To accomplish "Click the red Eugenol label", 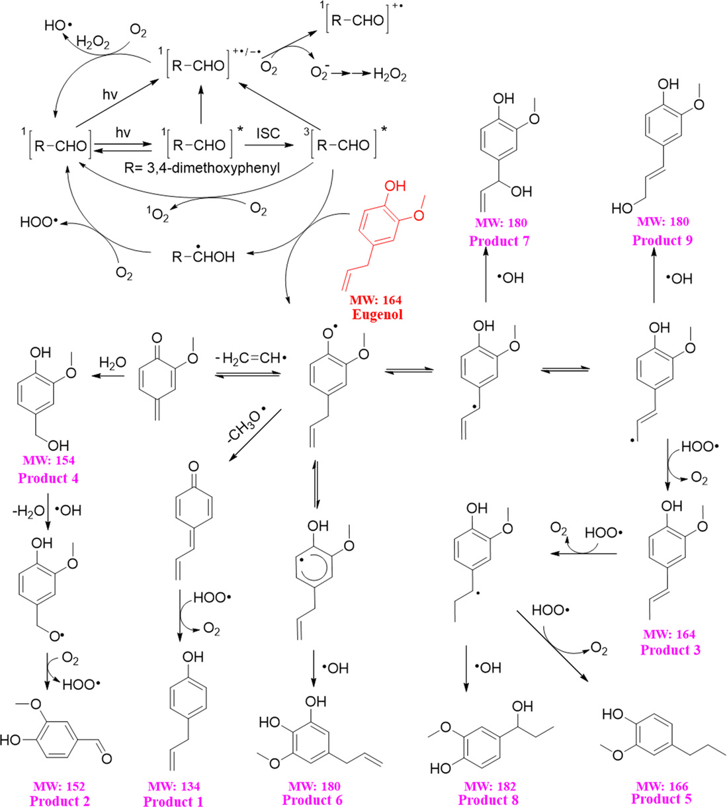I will pos(376,314).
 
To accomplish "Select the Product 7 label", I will pos(499,241).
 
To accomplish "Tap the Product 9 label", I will pos(662,240).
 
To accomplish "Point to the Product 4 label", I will pos(48,478).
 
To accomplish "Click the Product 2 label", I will pos(60,800).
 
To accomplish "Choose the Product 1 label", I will pos(173,801).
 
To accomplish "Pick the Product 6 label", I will pos(312,800).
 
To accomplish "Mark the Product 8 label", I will pos(488,800).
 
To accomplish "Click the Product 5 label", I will pos(662,799).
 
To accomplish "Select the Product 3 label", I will pos(670,650).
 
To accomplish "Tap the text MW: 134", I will pos(173,786).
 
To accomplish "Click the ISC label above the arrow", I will pos(268,134).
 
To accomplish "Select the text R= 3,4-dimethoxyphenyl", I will pos(202,167).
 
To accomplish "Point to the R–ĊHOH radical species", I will pos(203,256).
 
